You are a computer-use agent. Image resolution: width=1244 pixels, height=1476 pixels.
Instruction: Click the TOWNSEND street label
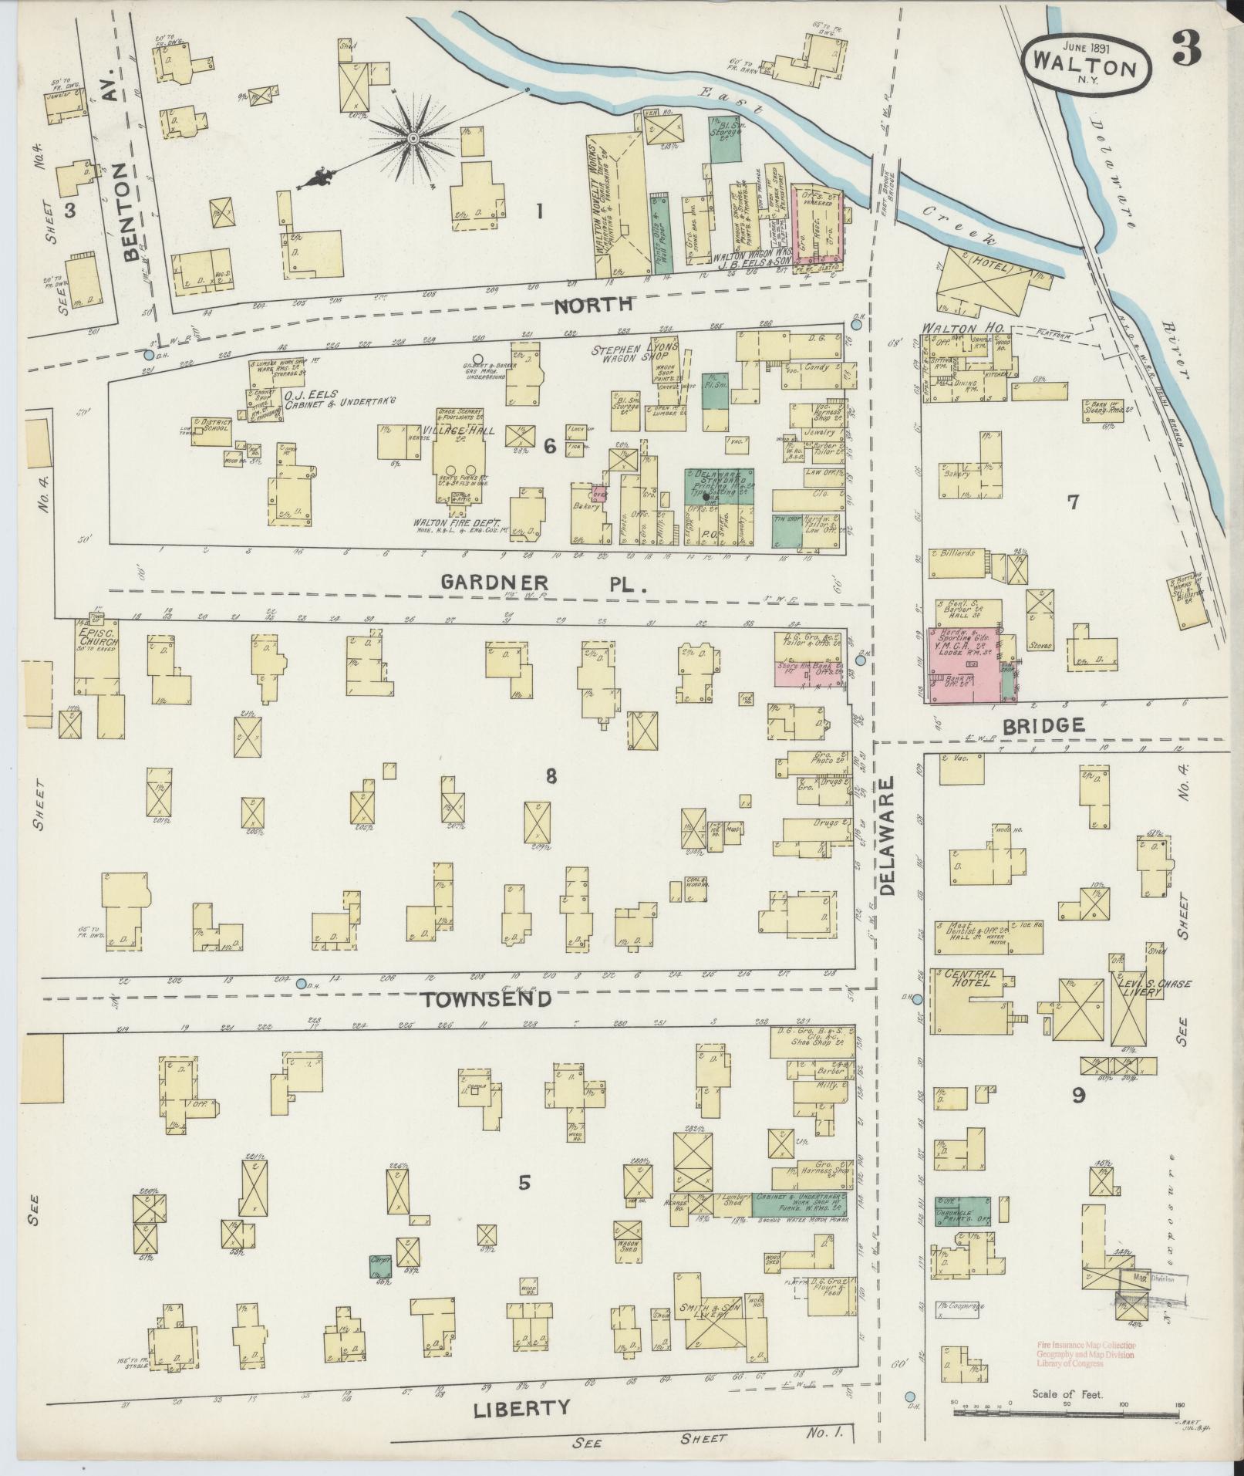(487, 999)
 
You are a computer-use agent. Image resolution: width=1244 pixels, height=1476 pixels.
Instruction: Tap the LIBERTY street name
(521, 1407)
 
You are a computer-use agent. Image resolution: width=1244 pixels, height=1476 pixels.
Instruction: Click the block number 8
(550, 775)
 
